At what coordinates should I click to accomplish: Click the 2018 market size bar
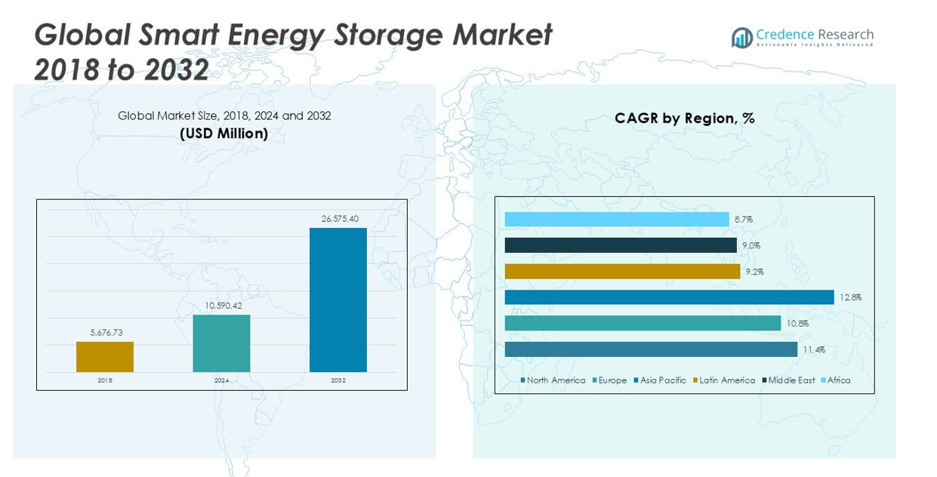pos(105,357)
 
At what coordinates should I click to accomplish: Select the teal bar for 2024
pos(221,343)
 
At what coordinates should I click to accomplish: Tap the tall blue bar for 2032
pos(338,300)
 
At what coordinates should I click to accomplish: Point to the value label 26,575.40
pos(340,219)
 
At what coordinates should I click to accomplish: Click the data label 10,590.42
pos(223,305)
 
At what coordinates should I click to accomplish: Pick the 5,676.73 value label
pos(106,332)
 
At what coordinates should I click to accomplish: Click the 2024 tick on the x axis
pos(221,380)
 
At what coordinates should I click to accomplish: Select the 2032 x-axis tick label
pos(338,380)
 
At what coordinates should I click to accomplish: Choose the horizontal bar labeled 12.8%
pos(669,297)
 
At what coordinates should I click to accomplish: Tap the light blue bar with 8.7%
pos(617,220)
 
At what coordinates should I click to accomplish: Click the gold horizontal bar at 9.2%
pos(622,271)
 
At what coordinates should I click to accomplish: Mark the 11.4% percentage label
pos(815,349)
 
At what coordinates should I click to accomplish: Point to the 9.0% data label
pos(751,245)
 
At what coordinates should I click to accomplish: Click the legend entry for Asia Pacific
pos(661,380)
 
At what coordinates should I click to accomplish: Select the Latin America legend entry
pos(724,380)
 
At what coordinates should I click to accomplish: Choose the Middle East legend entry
pos(789,380)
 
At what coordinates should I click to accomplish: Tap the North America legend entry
pos(553,380)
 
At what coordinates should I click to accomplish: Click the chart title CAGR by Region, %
pos(684,118)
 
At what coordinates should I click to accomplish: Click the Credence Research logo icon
pos(741,38)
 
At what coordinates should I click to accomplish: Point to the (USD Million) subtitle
pos(224,134)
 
